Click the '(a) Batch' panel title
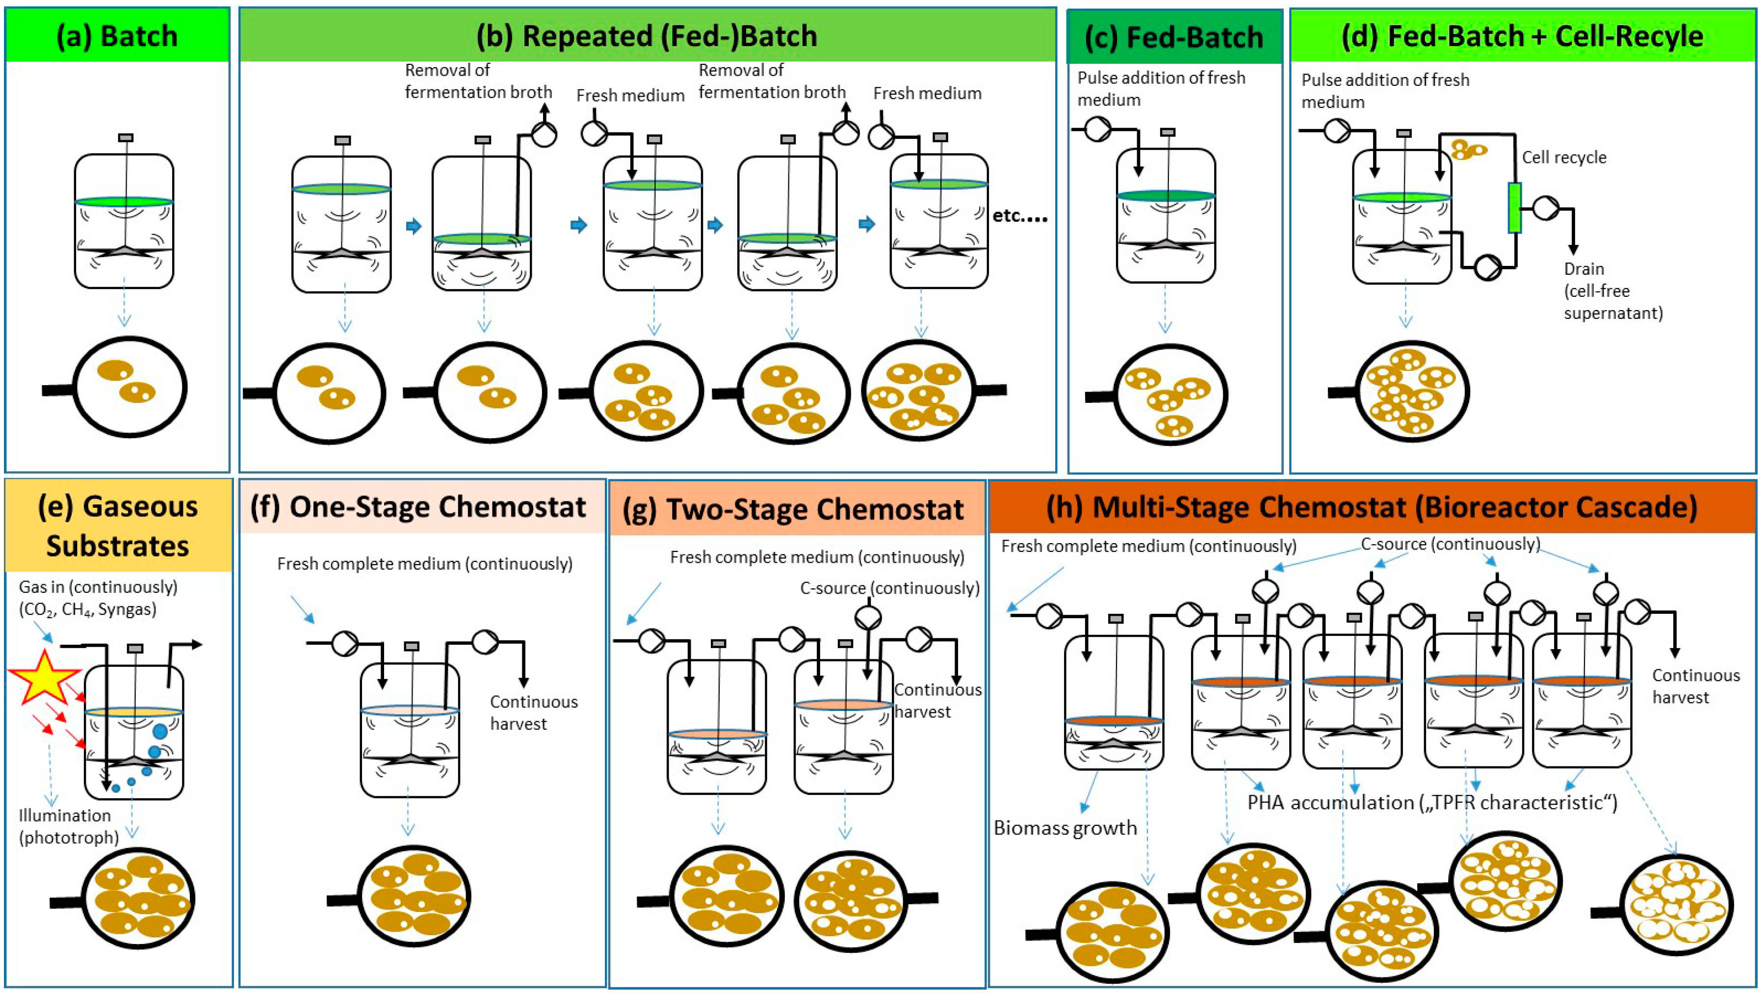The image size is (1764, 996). (x=117, y=36)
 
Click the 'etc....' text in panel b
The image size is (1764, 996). (x=1020, y=216)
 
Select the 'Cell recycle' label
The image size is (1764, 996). (x=1563, y=157)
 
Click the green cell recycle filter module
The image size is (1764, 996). (x=1514, y=208)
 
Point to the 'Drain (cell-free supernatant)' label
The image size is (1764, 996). (x=1612, y=291)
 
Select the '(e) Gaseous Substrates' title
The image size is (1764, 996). (x=118, y=526)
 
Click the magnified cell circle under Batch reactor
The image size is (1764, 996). (x=130, y=387)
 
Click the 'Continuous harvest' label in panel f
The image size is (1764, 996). (x=533, y=712)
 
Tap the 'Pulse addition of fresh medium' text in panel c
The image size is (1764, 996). (x=1161, y=89)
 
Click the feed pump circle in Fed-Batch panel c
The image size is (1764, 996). (x=1098, y=129)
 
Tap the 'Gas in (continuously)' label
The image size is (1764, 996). (x=98, y=587)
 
